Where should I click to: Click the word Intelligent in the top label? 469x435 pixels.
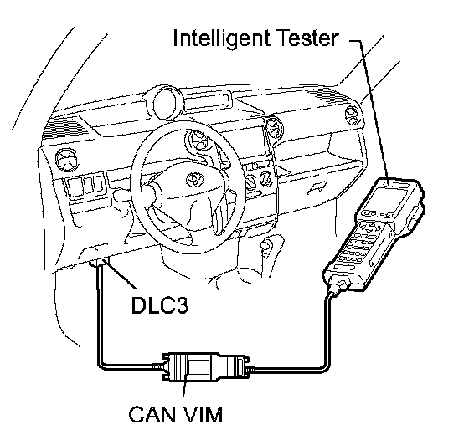[222, 38]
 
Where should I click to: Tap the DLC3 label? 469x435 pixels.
[160, 305]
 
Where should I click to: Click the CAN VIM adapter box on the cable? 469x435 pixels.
[204, 366]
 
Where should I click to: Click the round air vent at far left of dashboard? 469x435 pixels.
[66, 160]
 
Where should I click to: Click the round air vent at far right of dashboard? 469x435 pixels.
[353, 115]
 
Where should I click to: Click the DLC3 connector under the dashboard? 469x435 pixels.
[100, 263]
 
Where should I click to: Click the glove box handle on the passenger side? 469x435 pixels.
[318, 188]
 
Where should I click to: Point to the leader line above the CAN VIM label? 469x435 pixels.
[185, 386]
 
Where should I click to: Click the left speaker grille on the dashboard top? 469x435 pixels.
[65, 127]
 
